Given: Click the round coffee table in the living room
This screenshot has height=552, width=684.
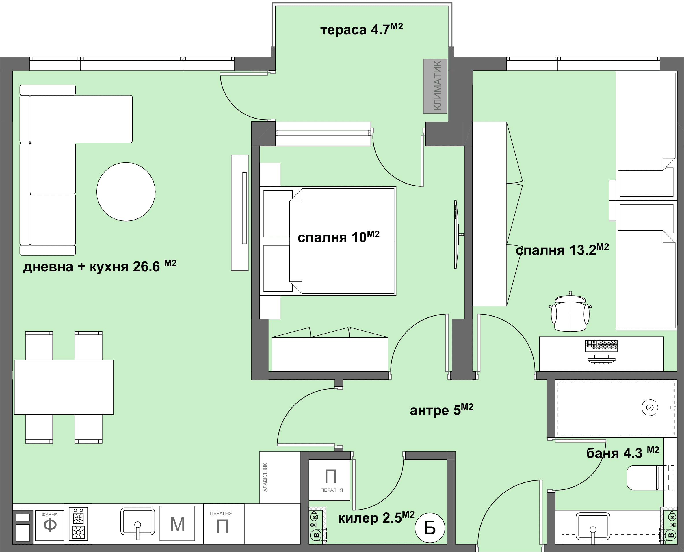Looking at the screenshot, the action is (x=126, y=192).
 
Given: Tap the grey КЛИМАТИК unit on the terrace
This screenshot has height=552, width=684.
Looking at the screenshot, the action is (x=435, y=86).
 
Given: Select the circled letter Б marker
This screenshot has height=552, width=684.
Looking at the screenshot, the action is (x=430, y=528).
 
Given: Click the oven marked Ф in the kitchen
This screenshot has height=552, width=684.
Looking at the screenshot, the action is (x=50, y=526).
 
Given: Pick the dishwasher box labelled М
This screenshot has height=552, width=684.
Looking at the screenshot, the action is (x=177, y=523).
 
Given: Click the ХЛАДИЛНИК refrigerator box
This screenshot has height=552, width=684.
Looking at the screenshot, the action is (x=280, y=477).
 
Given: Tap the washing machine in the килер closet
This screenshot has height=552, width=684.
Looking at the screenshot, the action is (x=329, y=480).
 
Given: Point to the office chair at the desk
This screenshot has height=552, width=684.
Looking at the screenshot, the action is (x=570, y=313).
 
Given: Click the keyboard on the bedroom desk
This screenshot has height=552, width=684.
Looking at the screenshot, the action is (x=601, y=346).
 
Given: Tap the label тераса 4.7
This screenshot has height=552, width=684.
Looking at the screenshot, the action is (x=362, y=29).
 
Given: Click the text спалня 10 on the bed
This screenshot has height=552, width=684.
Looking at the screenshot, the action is (x=338, y=237).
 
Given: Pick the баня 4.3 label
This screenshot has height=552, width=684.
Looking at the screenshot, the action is (x=622, y=453).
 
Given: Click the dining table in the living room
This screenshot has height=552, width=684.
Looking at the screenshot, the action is (x=64, y=387).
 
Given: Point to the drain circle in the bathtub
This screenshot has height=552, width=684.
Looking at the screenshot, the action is (x=650, y=407).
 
